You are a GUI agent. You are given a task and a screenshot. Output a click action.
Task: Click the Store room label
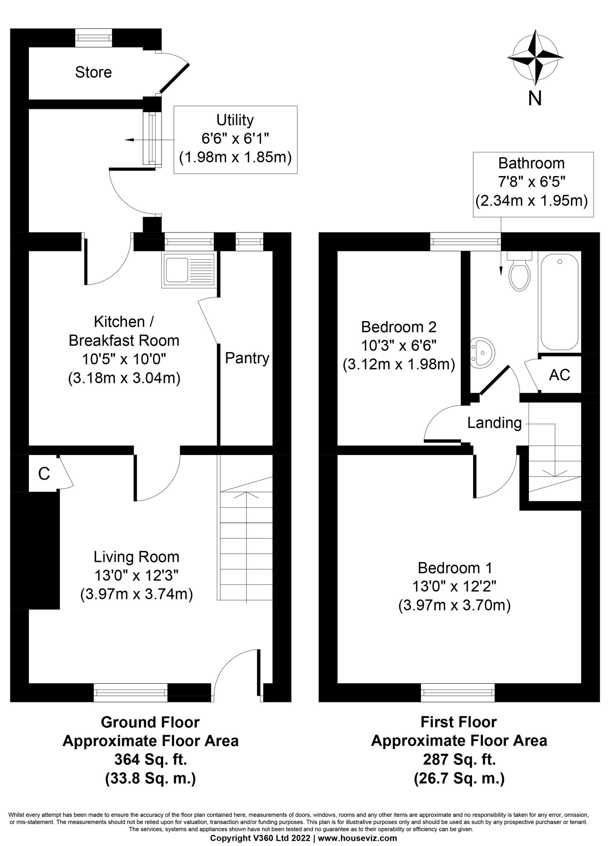93,72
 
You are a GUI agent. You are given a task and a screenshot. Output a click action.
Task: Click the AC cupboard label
559,375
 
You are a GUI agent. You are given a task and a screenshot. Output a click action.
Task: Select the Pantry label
247,358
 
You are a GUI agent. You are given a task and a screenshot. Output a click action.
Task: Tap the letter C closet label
44,474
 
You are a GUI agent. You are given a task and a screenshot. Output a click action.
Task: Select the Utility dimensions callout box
236,140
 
